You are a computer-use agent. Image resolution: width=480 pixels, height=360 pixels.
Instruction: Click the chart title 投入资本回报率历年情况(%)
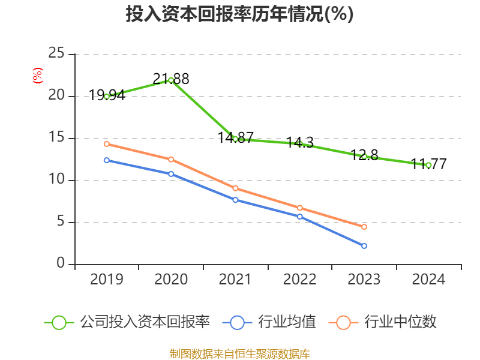(239, 14)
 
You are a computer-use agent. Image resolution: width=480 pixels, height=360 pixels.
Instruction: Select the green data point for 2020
(171, 80)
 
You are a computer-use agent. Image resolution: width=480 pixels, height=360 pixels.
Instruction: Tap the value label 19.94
(107, 95)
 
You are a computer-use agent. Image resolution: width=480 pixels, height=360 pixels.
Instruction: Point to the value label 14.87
(235, 137)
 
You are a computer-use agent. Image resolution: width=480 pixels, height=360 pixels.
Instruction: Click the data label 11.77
(428, 164)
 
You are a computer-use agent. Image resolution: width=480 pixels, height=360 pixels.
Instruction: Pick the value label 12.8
(364, 155)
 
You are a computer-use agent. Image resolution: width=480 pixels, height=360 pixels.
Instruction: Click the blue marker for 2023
(364, 246)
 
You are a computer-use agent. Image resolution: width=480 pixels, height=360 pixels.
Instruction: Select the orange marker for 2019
(107, 144)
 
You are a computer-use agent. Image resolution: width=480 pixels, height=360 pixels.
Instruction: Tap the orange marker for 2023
(364, 227)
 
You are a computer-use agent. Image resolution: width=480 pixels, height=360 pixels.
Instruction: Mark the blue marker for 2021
(235, 200)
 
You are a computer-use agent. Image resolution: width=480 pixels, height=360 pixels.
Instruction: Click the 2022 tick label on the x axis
(300, 280)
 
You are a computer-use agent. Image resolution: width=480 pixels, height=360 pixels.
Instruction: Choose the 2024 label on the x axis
(428, 280)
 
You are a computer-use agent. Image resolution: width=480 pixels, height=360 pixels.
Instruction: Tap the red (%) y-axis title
(37, 76)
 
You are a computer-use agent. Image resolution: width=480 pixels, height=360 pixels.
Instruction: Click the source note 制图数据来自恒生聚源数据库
(239, 353)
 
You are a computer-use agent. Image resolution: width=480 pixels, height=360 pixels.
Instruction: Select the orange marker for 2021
(235, 188)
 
